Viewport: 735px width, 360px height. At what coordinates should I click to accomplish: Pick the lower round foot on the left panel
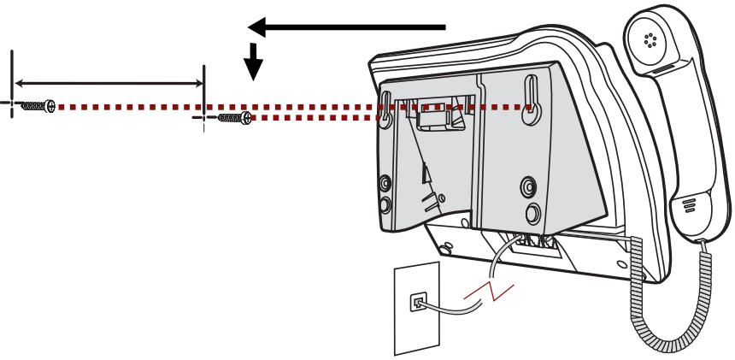(385, 204)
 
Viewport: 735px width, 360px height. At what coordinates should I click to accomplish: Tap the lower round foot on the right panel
(532, 211)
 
